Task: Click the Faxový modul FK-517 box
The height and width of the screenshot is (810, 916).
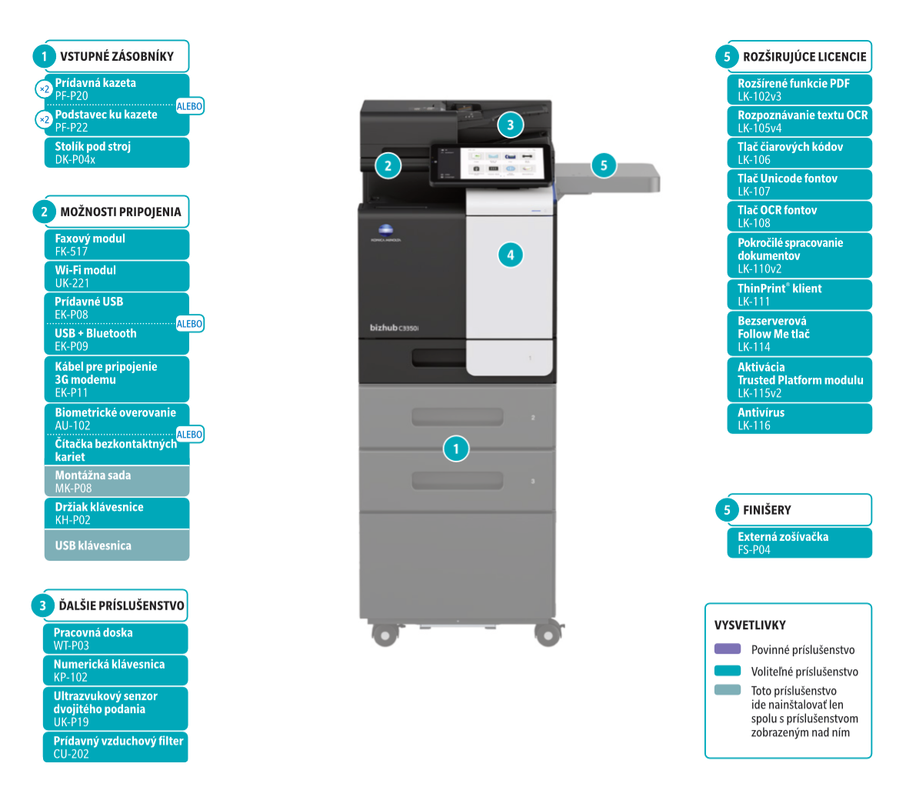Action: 116,245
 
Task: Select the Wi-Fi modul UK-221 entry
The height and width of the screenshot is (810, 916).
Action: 116,276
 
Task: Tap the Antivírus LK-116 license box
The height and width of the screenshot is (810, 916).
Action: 799,418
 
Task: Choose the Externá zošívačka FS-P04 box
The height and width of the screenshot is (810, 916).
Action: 799,543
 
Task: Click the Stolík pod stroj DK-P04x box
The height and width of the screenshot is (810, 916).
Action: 116,152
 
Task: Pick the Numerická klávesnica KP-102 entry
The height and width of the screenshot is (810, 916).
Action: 115,670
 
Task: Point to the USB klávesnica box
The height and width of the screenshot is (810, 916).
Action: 116,545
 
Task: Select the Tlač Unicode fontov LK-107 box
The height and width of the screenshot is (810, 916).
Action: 799,185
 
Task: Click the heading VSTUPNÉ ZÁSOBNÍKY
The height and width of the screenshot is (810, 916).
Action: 117,56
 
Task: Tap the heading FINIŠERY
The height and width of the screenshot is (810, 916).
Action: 767,510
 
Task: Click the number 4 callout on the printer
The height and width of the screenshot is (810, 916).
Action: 510,255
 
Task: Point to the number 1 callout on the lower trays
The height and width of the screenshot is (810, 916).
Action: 456,448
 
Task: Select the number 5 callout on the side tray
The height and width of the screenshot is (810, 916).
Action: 604,165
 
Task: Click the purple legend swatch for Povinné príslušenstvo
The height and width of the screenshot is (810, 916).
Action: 728,649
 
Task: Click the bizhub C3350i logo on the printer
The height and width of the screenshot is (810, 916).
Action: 394,328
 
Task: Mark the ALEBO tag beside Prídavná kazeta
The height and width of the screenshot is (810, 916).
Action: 189,106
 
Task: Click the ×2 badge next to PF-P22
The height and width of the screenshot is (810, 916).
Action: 45,120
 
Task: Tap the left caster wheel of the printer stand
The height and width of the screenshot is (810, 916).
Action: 383,634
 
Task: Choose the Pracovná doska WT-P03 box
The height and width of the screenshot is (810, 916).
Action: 115,638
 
